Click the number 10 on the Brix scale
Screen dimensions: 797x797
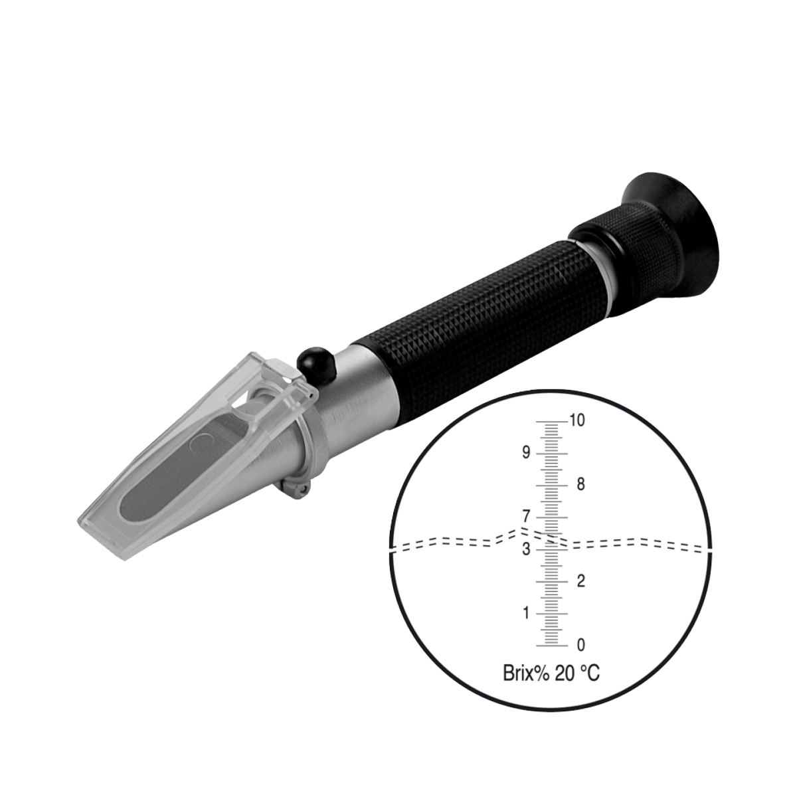point(577,420)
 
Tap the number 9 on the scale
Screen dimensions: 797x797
point(525,453)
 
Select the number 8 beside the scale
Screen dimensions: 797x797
point(580,484)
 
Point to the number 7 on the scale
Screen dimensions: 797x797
point(525,517)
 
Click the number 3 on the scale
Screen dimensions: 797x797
point(525,549)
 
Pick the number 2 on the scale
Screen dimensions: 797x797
point(580,581)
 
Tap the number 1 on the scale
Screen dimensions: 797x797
point(526,613)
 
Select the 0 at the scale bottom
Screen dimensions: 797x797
point(580,645)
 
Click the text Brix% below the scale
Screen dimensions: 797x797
point(526,673)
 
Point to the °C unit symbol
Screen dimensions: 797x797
point(588,673)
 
